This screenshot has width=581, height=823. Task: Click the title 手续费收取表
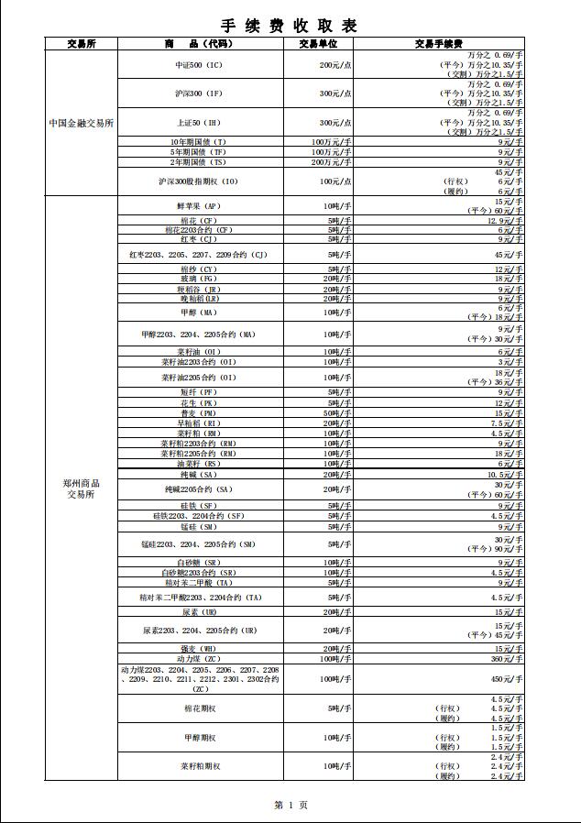[x=290, y=26]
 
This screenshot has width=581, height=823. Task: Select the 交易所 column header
[x=82, y=43]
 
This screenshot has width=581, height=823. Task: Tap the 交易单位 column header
[x=318, y=43]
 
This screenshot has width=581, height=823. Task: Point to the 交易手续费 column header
[x=438, y=43]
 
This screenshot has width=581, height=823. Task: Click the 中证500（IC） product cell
[x=200, y=66]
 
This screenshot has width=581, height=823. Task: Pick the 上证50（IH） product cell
[x=200, y=123]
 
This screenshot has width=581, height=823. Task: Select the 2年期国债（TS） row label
[x=200, y=161]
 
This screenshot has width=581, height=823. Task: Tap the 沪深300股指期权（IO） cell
[x=200, y=181]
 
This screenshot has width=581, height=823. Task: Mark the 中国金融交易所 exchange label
[x=82, y=123]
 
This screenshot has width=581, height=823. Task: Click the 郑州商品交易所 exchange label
[x=82, y=488]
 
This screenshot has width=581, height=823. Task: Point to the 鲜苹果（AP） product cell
[x=200, y=206]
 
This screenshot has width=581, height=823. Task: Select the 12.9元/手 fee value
[x=505, y=221]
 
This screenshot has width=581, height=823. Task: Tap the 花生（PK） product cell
[x=200, y=402]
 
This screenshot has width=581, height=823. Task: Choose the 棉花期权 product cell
[x=200, y=708]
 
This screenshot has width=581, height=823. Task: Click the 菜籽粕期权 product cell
[x=200, y=765]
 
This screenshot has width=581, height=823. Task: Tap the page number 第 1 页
[x=290, y=805]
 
